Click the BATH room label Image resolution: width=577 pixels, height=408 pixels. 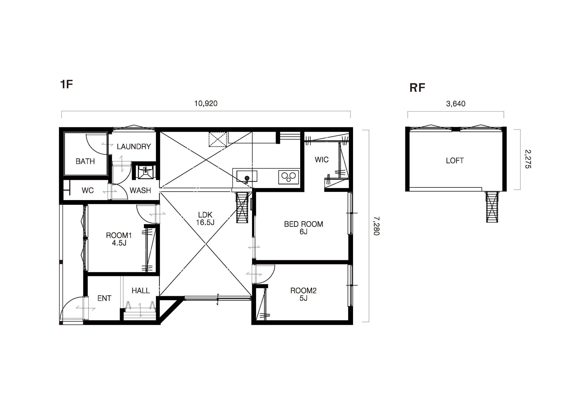pyautogui.click(x=85, y=161)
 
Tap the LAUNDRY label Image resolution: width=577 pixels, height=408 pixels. pyautogui.click(x=134, y=147)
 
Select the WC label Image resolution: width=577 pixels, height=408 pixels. pyautogui.click(x=88, y=190)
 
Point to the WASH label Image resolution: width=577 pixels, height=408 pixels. pyautogui.click(x=140, y=190)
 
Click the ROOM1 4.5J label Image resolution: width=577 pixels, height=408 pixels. pyautogui.click(x=119, y=239)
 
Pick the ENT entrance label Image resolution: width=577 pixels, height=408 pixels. pyautogui.click(x=104, y=298)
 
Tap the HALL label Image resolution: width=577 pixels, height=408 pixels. pyautogui.click(x=141, y=291)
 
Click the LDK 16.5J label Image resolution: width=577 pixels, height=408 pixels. pyautogui.click(x=205, y=219)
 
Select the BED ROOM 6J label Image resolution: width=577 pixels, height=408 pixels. pyautogui.click(x=303, y=228)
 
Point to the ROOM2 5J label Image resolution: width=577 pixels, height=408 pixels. pyautogui.click(x=303, y=294)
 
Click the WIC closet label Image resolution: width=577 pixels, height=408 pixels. pyautogui.click(x=322, y=160)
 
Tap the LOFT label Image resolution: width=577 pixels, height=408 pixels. pyautogui.click(x=455, y=160)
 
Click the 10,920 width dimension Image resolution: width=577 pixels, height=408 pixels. pyautogui.click(x=206, y=104)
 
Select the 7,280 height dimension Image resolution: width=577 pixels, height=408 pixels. pyautogui.click(x=376, y=226)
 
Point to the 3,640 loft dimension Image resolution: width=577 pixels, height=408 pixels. pyautogui.click(x=455, y=104)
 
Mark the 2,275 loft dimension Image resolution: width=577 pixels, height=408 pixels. pyautogui.click(x=528, y=159)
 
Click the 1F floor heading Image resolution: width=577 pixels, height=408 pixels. pyautogui.click(x=67, y=84)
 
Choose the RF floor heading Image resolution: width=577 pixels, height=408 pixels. pyautogui.click(x=417, y=88)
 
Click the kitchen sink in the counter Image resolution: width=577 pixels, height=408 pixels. pyautogui.click(x=247, y=176)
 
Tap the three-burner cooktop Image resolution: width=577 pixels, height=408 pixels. pyautogui.click(x=288, y=177)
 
